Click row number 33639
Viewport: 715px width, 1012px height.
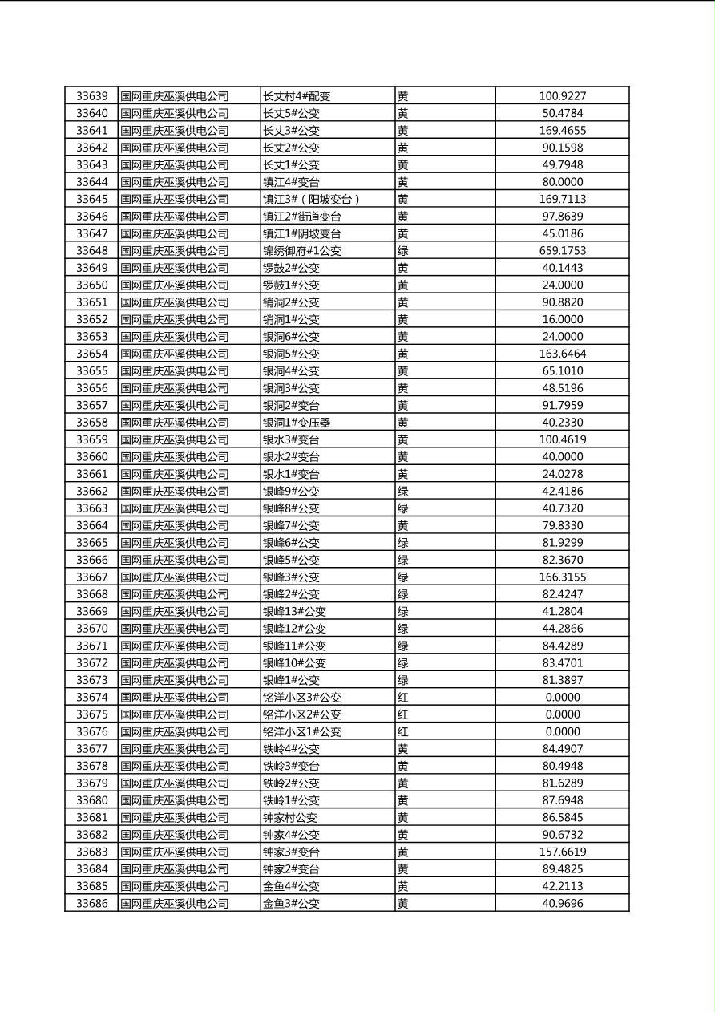[x=91, y=96]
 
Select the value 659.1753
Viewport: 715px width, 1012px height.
[x=562, y=251]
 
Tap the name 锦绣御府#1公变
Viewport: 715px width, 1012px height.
[x=302, y=251]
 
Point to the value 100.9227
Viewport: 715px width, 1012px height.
[x=562, y=96]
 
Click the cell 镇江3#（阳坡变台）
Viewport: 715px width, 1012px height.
[x=312, y=199]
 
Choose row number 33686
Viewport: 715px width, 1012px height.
[x=91, y=904]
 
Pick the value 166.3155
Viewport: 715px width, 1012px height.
[x=562, y=577]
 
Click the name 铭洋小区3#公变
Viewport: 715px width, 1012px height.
[x=302, y=698]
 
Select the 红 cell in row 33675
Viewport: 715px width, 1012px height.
[x=402, y=714]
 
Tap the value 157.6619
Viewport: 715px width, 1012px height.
[x=562, y=852]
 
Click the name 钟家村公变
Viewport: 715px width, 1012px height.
[x=290, y=818]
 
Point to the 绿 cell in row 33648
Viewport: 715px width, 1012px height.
[x=402, y=251]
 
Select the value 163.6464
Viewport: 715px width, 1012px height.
[x=562, y=354]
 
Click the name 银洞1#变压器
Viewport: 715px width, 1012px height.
[x=297, y=423]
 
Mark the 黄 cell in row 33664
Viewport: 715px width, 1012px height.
[x=402, y=526]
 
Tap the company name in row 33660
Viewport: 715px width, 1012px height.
[x=175, y=457]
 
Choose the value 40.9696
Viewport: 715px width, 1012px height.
[x=562, y=904]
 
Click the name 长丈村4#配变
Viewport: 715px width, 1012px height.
[x=297, y=96]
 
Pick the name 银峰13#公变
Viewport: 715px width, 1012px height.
[x=294, y=612]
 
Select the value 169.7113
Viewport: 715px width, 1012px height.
[x=562, y=199]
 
